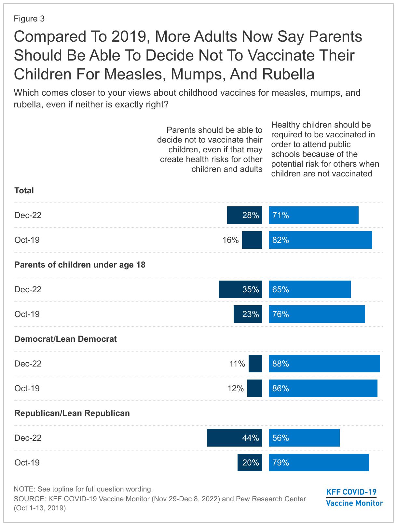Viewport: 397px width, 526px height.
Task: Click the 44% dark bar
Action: tap(234, 438)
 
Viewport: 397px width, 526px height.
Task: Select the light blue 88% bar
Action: tap(324, 364)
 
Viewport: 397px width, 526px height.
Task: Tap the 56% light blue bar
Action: tap(304, 438)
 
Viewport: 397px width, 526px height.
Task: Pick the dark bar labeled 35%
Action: tap(240, 289)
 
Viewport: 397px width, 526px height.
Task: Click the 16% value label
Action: tap(230, 240)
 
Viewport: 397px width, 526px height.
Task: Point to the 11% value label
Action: tap(237, 364)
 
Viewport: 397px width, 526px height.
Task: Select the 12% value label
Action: tap(236, 388)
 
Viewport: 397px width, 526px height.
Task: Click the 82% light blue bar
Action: tap(320, 240)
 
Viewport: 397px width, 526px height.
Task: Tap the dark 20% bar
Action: tap(250, 463)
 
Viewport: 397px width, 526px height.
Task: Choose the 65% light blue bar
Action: tap(309, 289)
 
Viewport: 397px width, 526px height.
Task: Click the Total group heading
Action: tap(24, 190)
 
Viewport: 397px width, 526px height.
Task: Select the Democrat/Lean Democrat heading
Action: tap(65, 339)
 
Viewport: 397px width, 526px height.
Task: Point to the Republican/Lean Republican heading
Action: tap(72, 413)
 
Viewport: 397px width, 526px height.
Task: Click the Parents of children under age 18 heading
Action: tap(80, 265)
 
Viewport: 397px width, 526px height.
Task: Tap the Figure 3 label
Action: tap(29, 19)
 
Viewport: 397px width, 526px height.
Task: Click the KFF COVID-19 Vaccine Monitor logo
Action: tap(354, 497)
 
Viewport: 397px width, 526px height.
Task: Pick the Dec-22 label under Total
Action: tap(28, 215)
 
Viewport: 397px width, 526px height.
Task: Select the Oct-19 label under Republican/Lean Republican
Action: tap(27, 463)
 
